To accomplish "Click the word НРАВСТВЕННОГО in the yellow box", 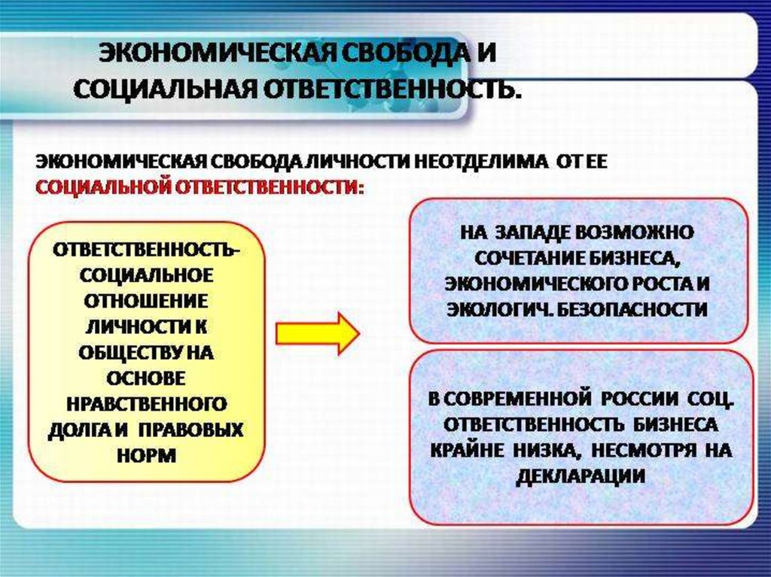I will coord(148,403).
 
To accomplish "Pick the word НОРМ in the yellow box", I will coord(148,456).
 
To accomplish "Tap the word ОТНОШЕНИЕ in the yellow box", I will coord(148,300).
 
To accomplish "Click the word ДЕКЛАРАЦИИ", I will coord(580,475).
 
